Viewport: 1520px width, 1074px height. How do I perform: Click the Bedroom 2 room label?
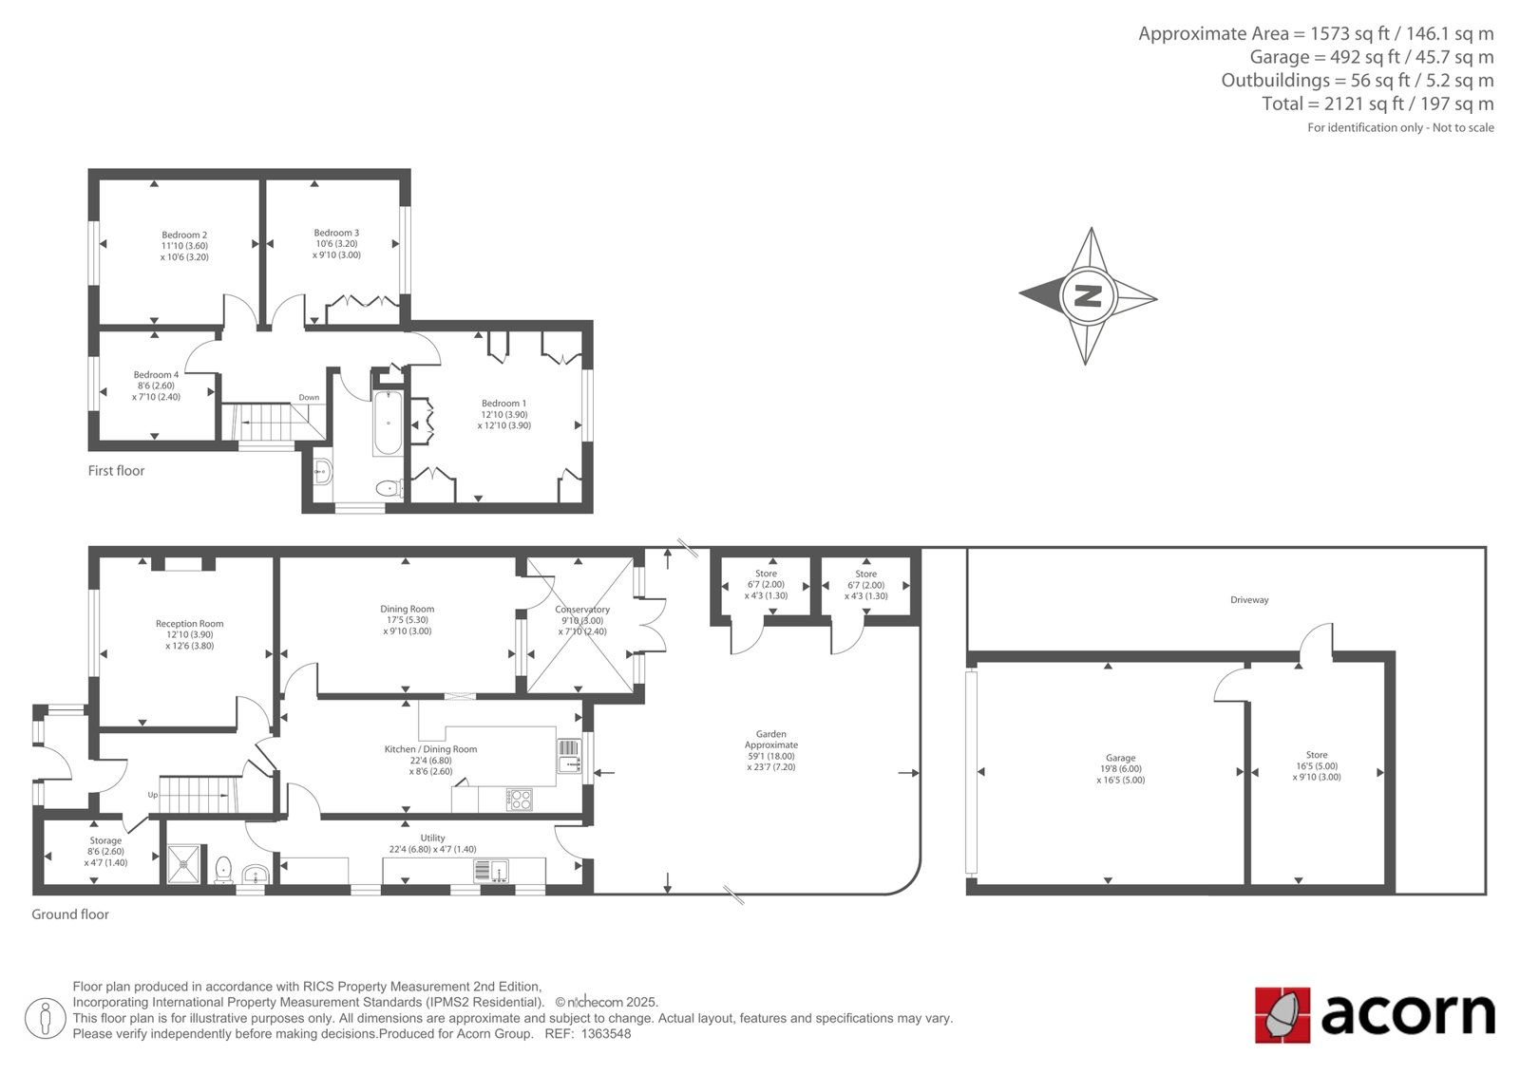pyautogui.click(x=184, y=235)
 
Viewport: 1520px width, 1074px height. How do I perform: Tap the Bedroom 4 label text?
pyautogui.click(x=156, y=374)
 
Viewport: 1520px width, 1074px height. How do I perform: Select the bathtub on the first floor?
pyautogui.click(x=388, y=422)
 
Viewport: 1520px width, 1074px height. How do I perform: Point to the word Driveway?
pyautogui.click(x=1249, y=600)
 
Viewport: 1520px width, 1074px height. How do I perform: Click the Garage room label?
pyautogui.click(x=1120, y=758)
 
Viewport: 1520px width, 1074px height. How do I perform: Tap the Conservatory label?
pyautogui.click(x=582, y=610)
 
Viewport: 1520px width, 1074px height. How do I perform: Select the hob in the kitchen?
pyautogui.click(x=520, y=800)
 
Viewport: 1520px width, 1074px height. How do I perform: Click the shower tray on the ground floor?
pyautogui.click(x=184, y=864)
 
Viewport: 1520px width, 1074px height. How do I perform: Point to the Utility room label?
pyautogui.click(x=432, y=838)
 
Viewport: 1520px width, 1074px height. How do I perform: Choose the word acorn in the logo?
pyautogui.click(x=1407, y=1014)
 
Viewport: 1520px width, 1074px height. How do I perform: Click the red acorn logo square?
pyautogui.click(x=1282, y=1015)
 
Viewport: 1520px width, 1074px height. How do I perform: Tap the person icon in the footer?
pyautogui.click(x=45, y=1018)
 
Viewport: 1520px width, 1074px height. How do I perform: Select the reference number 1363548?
pyautogui.click(x=606, y=1034)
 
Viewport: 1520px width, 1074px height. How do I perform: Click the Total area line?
pyautogui.click(x=1377, y=104)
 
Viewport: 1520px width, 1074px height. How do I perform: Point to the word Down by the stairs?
pyautogui.click(x=309, y=398)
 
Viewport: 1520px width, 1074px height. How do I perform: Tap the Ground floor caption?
pyautogui.click(x=70, y=914)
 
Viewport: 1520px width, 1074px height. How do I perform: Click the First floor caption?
pyautogui.click(x=116, y=471)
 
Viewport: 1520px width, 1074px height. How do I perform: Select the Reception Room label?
pyautogui.click(x=189, y=624)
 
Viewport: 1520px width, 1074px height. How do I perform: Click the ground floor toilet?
pyautogui.click(x=223, y=870)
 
